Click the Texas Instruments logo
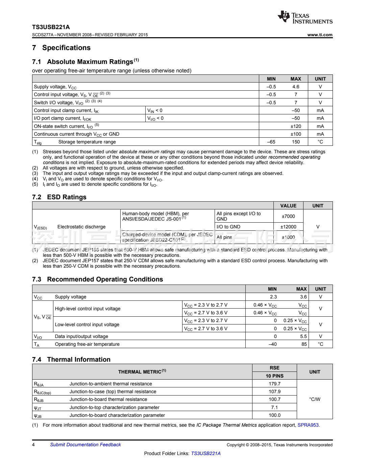(305, 17)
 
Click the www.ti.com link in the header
(320, 35)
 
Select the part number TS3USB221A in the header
(51, 27)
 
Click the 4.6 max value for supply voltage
(296, 87)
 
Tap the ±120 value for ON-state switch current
(296, 127)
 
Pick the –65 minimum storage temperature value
(271, 142)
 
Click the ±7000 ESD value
(288, 217)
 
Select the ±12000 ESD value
(288, 227)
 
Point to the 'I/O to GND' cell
(228, 227)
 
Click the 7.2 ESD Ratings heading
(59, 197)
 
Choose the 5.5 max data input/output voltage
(303, 337)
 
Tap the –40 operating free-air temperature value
(272, 344)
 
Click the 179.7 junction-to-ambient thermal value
(274, 384)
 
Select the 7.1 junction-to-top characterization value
(274, 408)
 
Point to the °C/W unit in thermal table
(315, 400)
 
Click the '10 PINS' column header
(274, 376)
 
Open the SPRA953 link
(308, 425)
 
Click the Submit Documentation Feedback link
(86, 445)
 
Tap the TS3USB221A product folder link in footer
(206, 454)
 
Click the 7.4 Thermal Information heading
(71, 360)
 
